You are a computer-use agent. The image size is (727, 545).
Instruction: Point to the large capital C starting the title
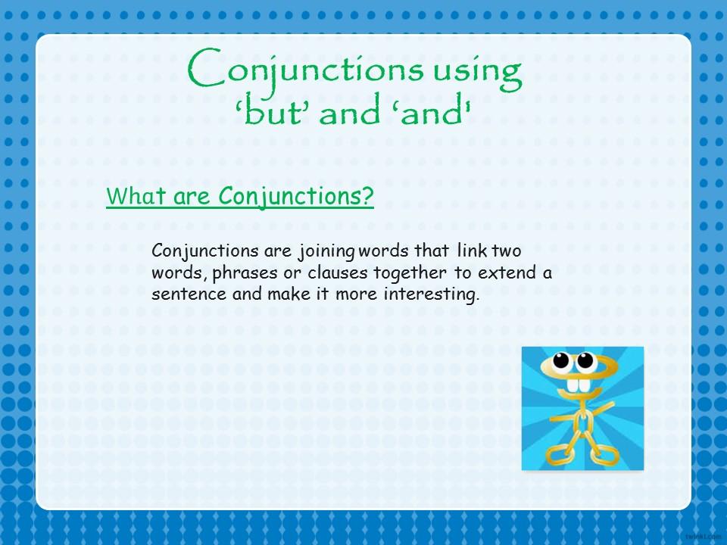206,69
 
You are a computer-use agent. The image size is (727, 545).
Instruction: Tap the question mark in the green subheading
367,195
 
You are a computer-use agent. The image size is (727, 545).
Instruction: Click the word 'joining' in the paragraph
326,251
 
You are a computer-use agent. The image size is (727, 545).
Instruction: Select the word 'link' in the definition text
472,251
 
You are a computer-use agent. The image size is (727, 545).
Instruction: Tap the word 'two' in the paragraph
507,251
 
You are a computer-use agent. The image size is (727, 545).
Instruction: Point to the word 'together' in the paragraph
410,273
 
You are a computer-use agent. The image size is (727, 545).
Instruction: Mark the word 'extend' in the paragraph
507,272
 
